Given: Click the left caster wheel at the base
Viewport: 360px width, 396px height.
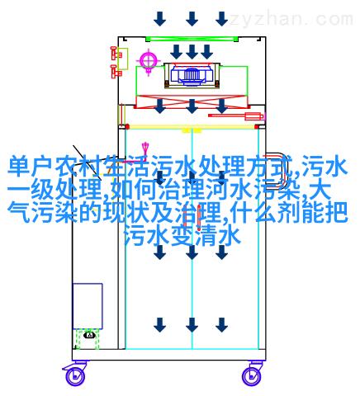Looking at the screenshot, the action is (x=74, y=375).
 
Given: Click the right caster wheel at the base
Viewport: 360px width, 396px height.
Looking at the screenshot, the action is (x=253, y=375).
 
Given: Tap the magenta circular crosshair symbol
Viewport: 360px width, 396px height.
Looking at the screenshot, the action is (x=149, y=60).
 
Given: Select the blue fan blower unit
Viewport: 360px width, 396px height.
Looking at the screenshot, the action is (x=192, y=74).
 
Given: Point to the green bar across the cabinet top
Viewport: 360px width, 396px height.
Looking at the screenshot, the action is (x=192, y=39).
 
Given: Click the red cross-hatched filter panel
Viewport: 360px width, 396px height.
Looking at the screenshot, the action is (x=192, y=101).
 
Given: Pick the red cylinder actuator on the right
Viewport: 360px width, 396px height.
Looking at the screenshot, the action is (x=236, y=115).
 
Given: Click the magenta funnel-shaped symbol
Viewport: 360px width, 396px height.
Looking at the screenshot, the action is (x=145, y=148).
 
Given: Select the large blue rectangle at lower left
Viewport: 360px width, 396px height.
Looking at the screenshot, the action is (x=88, y=306).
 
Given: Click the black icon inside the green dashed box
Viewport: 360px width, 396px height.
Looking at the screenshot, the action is (x=90, y=335).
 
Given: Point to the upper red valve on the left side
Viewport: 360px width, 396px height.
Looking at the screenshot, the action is (x=116, y=54).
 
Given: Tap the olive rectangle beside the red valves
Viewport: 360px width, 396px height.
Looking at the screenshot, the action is (x=123, y=59).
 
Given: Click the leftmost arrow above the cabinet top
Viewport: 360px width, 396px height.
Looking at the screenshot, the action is (x=160, y=19).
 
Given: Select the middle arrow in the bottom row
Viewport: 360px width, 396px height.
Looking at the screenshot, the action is (x=192, y=325).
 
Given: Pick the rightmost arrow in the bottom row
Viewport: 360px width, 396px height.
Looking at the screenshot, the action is (x=221, y=325).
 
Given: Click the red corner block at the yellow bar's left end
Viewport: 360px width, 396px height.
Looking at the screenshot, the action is (x=127, y=127).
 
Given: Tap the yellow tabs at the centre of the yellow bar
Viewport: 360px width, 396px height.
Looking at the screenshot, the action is (x=192, y=130).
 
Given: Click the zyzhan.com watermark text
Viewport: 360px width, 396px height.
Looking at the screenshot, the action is (x=291, y=19).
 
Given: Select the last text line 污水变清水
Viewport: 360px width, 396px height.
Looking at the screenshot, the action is (x=183, y=236).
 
